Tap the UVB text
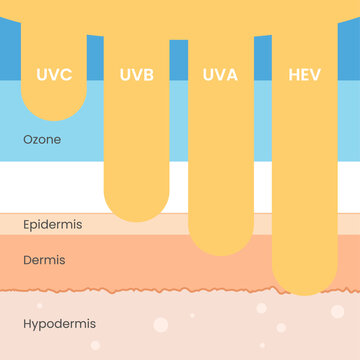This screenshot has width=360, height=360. click(136, 75)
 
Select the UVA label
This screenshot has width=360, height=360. click(220, 75)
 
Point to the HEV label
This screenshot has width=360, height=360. click(304, 75)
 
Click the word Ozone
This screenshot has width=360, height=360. click(42, 139)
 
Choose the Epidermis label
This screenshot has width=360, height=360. click(52, 224)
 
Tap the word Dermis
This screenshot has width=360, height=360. click(44, 260)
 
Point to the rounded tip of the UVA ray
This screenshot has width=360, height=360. click(221, 250)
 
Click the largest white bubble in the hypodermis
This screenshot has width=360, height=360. click(161, 325)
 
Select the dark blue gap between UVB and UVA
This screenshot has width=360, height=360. click(179, 60)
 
